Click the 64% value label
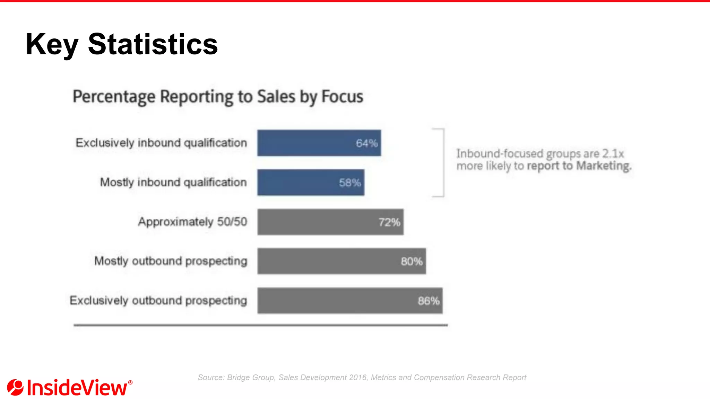pyautogui.click(x=366, y=143)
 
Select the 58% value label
pyautogui.click(x=350, y=183)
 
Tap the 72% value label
pyautogui.click(x=389, y=222)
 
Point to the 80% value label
pyautogui.click(x=412, y=261)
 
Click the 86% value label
pyautogui.click(x=428, y=301)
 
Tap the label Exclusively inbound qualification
pyautogui.click(x=161, y=143)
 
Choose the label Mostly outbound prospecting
pyautogui.click(x=171, y=261)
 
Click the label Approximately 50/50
pyautogui.click(x=192, y=222)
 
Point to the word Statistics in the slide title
pyautogui.click(x=153, y=44)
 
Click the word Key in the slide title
pyautogui.click(x=52, y=45)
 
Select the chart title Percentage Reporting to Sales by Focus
pyautogui.click(x=218, y=97)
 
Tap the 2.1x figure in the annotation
pyautogui.click(x=613, y=153)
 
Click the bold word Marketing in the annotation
pyautogui.click(x=604, y=166)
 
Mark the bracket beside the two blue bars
pyautogui.click(x=443, y=163)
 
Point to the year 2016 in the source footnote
pyautogui.click(x=358, y=378)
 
